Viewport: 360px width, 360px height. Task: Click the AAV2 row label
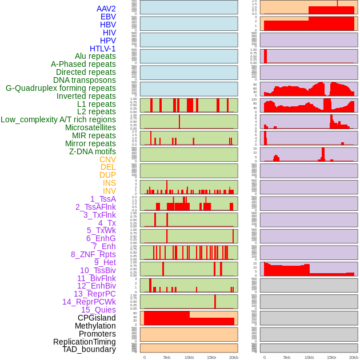point(106,9)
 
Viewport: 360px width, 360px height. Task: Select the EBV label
point(108,17)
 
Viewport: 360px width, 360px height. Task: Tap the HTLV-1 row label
point(102,49)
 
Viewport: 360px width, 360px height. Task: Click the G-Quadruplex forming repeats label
point(61,88)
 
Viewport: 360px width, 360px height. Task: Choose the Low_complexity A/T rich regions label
point(58,119)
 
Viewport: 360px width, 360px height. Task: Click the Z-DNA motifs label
point(93,151)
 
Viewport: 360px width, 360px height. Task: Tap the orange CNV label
point(107,159)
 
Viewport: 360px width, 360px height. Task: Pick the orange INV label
point(109,191)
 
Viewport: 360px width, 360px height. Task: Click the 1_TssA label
point(103,199)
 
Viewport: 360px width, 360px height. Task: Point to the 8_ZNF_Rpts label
point(93,254)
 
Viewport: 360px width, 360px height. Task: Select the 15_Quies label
point(98,310)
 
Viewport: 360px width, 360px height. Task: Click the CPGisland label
point(97,318)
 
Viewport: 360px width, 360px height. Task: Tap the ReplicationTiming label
point(84,342)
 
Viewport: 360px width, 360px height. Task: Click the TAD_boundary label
point(89,349)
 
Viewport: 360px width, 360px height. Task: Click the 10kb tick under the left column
point(189,357)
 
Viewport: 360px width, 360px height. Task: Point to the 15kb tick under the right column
point(331,357)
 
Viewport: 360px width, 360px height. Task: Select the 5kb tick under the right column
point(286,357)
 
